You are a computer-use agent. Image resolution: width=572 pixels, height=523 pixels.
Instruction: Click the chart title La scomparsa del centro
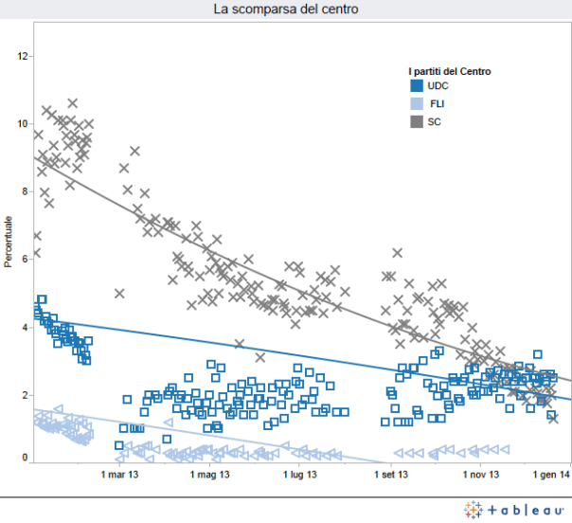pyautogui.click(x=285, y=9)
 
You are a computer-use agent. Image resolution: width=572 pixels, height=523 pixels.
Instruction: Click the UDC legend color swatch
pyautogui.click(x=417, y=86)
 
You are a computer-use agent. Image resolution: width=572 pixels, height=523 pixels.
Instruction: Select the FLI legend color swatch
pyautogui.click(x=417, y=103)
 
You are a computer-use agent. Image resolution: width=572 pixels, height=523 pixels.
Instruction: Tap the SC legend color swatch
pyautogui.click(x=417, y=121)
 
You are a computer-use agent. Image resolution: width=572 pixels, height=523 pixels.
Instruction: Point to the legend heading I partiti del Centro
pyautogui.click(x=449, y=71)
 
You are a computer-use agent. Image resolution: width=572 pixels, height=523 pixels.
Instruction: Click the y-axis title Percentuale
pyautogui.click(x=9, y=243)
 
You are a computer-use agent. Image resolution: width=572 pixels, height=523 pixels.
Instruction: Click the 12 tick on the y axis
pyautogui.click(x=24, y=56)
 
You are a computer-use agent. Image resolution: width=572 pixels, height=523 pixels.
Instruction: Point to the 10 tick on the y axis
pyautogui.click(x=24, y=124)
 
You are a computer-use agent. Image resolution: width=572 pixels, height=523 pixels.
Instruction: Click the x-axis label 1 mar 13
pyautogui.click(x=120, y=475)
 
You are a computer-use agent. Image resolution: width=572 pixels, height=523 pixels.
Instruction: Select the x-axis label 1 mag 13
pyautogui.click(x=209, y=475)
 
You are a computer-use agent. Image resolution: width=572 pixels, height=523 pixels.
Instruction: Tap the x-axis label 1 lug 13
pyautogui.click(x=297, y=475)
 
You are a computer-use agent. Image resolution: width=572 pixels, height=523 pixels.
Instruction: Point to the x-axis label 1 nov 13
pyautogui.click(x=480, y=475)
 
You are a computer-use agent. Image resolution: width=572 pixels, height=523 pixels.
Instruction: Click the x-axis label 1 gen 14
pyautogui.click(x=550, y=475)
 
